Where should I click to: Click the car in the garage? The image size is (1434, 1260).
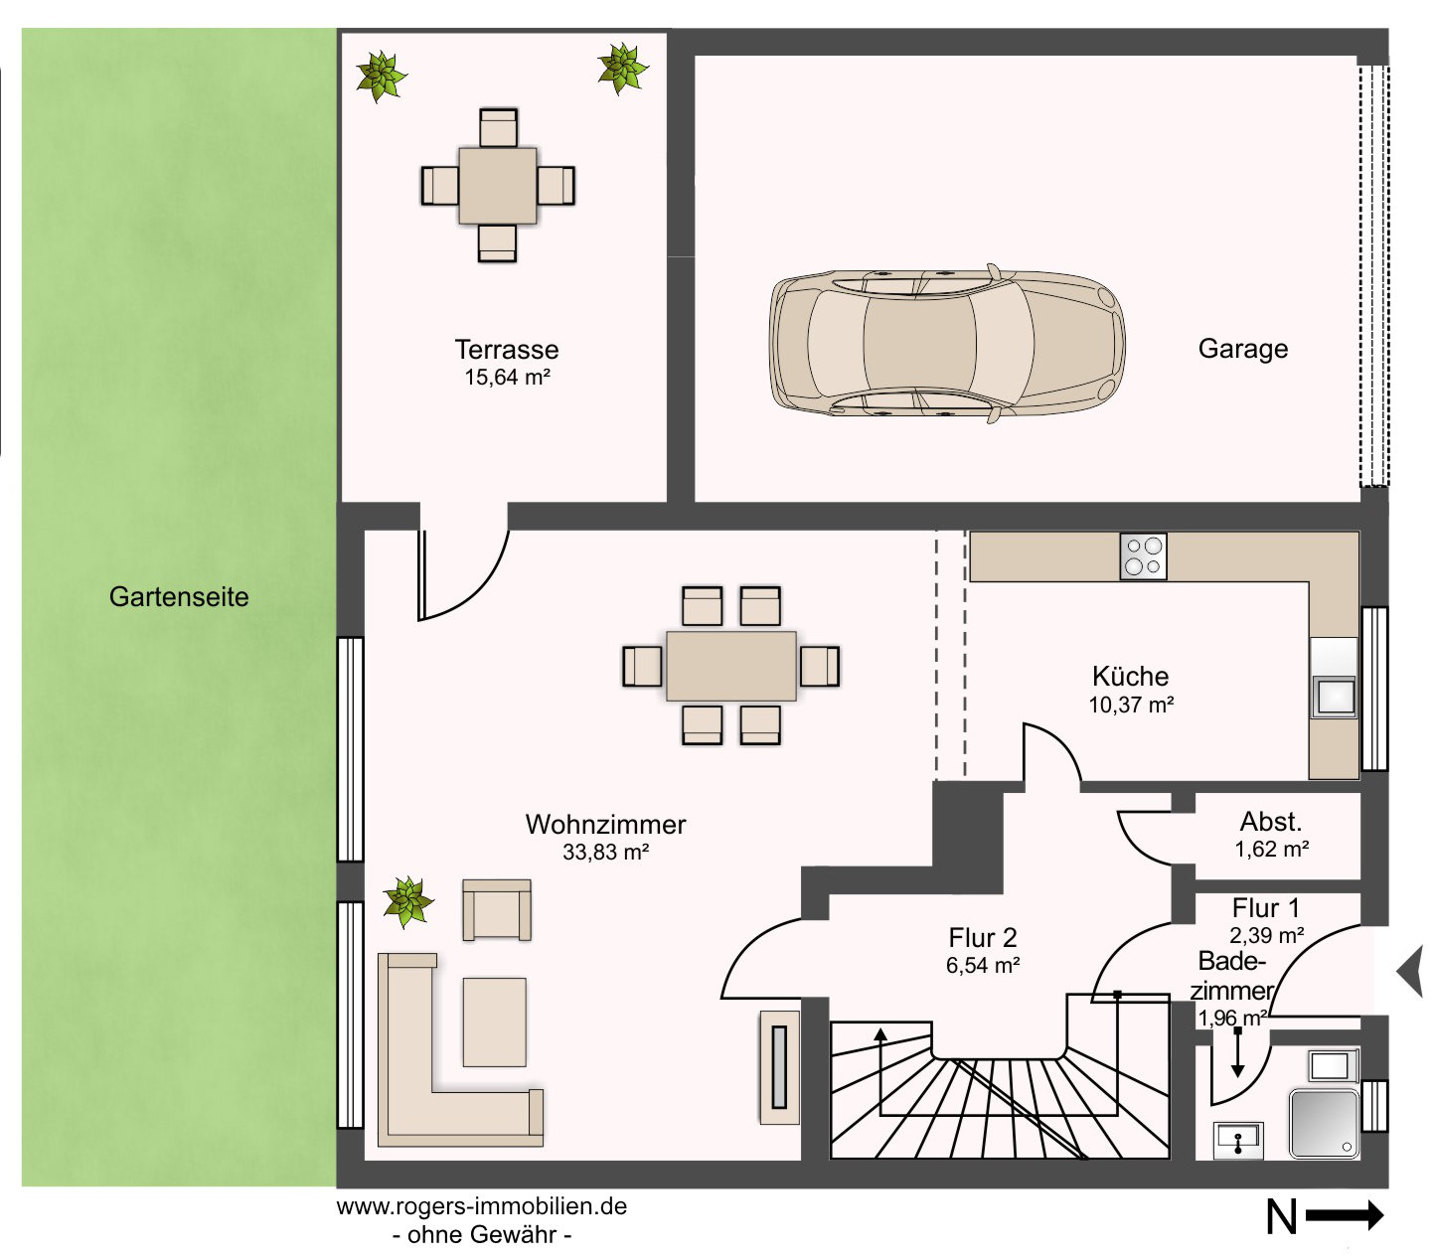point(947,343)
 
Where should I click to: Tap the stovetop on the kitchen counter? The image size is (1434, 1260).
point(1143,556)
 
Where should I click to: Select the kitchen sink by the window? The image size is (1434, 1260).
point(1334,697)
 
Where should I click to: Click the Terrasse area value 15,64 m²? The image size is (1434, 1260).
point(507,378)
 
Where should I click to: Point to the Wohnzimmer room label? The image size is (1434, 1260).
point(605,825)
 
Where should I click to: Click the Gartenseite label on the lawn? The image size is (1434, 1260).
point(179,597)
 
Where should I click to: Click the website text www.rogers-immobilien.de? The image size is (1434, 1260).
point(481,1206)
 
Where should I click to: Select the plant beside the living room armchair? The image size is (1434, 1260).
point(407,902)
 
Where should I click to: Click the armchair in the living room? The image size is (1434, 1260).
point(496,910)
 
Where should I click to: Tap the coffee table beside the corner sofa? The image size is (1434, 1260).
point(494,1023)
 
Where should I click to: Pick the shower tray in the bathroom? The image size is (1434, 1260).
point(1324,1124)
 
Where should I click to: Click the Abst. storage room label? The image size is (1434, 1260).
point(1270,822)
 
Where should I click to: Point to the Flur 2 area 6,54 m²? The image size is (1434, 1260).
point(983,965)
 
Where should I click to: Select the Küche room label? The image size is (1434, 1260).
point(1130,676)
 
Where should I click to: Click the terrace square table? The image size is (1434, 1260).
point(497,186)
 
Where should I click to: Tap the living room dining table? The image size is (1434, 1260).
point(731,666)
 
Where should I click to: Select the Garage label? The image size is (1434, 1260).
point(1242,349)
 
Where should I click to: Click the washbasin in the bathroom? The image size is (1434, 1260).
point(1238,1141)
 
